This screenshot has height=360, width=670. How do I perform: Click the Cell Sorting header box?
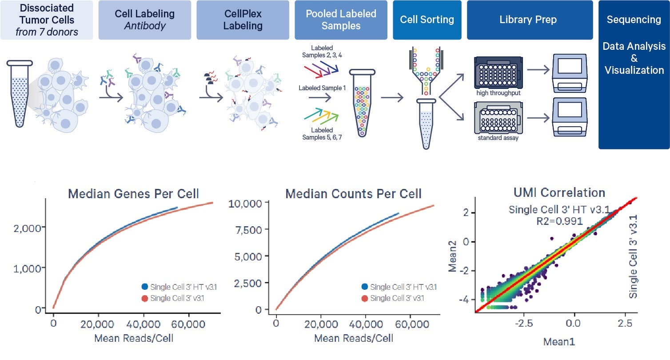click(x=427, y=20)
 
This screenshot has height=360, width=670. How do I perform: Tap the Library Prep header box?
click(x=530, y=20)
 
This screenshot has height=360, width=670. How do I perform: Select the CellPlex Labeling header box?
click(x=243, y=20)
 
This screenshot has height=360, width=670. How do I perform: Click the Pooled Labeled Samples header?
click(x=341, y=20)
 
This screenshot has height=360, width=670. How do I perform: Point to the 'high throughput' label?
click(x=499, y=93)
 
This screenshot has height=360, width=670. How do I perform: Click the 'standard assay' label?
click(x=498, y=138)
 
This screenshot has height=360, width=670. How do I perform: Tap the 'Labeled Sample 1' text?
click(x=322, y=88)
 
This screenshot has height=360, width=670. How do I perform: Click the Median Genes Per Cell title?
click(x=133, y=194)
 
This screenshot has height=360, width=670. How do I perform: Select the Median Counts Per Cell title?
click(x=354, y=194)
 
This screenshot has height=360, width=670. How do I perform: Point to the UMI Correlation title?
click(x=559, y=192)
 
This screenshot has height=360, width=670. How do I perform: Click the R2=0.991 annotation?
click(x=559, y=221)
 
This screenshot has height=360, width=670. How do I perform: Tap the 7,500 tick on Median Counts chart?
click(x=248, y=230)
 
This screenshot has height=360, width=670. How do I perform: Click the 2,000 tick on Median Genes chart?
click(x=27, y=228)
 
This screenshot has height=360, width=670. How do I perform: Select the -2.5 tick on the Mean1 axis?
click(x=524, y=323)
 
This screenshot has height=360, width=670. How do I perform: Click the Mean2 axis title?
click(x=452, y=256)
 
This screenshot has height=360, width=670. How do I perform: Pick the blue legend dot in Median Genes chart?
click(x=145, y=287)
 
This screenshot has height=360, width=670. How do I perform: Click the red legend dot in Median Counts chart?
click(x=365, y=298)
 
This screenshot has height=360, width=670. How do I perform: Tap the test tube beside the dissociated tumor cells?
click(x=20, y=93)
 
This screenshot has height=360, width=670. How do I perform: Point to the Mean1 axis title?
click(x=559, y=342)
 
